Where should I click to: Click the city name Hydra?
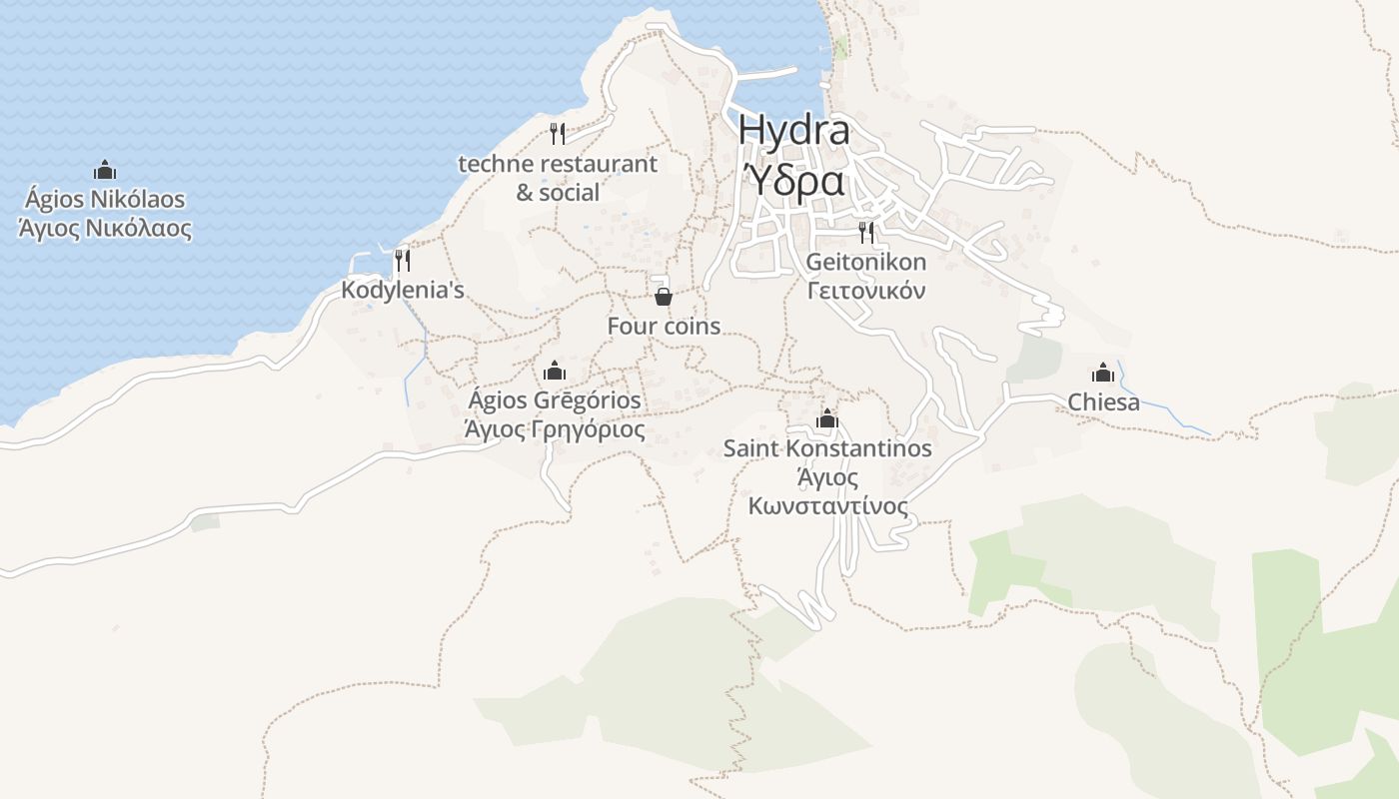[x=794, y=130]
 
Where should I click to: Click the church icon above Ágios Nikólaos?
[x=105, y=170]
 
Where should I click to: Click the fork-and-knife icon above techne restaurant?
[x=558, y=134]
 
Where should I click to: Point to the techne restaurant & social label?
[x=558, y=177]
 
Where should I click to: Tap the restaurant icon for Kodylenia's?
[x=402, y=261]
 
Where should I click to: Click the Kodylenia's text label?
[x=403, y=291]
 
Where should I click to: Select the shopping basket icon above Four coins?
[x=663, y=297]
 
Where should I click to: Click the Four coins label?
[x=664, y=327]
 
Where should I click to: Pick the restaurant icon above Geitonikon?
[x=866, y=233]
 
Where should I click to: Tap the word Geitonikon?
[x=866, y=263]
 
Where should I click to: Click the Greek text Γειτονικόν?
[x=866, y=291]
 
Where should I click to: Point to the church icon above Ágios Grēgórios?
[x=555, y=372]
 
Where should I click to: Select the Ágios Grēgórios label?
[x=555, y=400]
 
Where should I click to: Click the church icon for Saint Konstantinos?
[x=826, y=418]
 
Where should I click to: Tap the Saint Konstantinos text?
[x=827, y=448]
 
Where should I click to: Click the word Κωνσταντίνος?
[x=827, y=506]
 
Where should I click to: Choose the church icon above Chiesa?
[x=1103, y=373]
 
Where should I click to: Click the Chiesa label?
[x=1103, y=402]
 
